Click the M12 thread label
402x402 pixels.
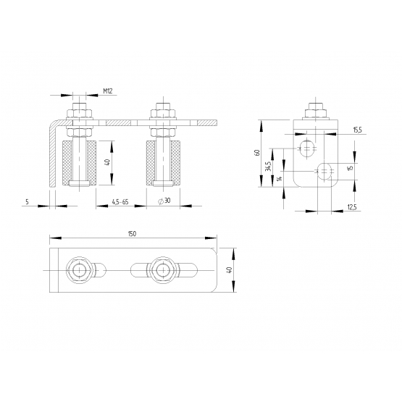point(108,91)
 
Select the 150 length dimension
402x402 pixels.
point(132,234)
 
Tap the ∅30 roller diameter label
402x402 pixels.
point(164,201)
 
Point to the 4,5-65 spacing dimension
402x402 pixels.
point(120,202)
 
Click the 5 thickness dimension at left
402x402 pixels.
point(28,202)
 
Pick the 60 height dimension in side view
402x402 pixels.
point(257,153)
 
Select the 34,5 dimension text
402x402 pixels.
point(268,167)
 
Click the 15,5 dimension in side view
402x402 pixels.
point(357,130)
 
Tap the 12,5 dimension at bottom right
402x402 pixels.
point(352,207)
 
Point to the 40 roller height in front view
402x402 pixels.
point(108,162)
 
